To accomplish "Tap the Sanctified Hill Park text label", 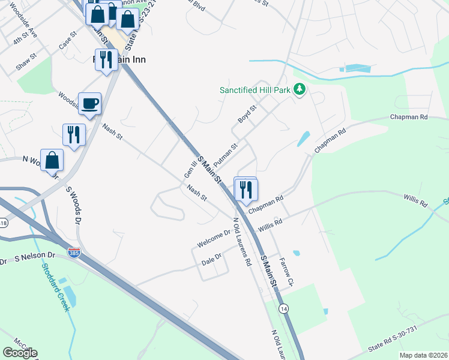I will (255, 90).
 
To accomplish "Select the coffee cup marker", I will (89, 104).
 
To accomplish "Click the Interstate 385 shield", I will (74, 254).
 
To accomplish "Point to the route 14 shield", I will (283, 308).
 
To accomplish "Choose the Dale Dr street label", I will (211, 256).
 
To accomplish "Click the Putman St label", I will (226, 154).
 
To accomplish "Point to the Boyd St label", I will (247, 114).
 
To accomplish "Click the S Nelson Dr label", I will (34, 257).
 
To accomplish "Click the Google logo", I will (20, 353).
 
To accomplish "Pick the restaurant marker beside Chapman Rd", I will (247, 190).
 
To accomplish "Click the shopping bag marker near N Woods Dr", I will (52, 160).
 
